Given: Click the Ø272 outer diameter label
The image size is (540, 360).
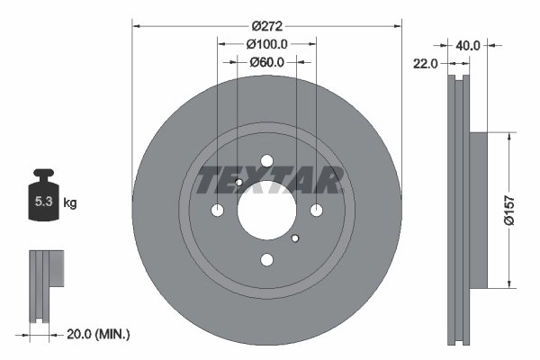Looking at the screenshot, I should [x=266, y=26].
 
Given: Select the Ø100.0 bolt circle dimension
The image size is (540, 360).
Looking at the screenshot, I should [x=266, y=44].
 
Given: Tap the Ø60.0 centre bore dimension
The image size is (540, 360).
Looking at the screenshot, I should [x=266, y=62].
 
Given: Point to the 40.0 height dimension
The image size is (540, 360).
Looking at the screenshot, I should [x=468, y=44].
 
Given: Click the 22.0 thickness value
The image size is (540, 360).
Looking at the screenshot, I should [x=427, y=64].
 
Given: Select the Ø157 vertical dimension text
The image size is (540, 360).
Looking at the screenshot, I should [x=509, y=210].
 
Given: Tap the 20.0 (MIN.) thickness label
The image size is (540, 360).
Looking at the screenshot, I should [x=99, y=334].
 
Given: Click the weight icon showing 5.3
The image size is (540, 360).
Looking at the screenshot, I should [x=43, y=201].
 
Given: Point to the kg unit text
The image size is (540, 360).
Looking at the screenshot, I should [x=70, y=203].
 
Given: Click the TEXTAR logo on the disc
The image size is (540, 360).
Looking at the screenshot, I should [x=266, y=180].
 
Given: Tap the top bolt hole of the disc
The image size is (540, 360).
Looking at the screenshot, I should [x=266, y=161].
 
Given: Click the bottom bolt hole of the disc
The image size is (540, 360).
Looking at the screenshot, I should [x=266, y=260].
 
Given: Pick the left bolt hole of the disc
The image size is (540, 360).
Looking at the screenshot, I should [x=218, y=211].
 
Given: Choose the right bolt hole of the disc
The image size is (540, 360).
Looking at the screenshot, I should [x=316, y=210].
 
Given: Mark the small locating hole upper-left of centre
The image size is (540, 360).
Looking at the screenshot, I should [x=238, y=183].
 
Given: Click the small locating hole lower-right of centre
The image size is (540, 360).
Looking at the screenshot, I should [x=295, y=238].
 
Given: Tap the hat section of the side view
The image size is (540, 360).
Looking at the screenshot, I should [x=478, y=210].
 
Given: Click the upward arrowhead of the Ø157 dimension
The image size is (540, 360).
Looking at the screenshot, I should [x=510, y=138].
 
